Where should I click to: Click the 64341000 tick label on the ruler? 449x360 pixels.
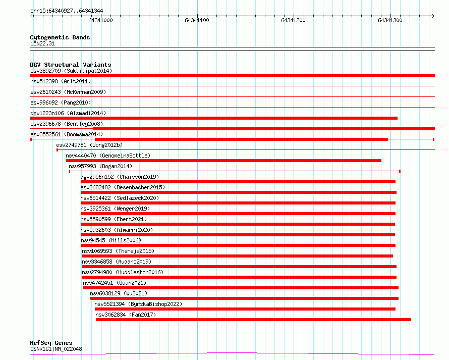click(x=100, y=21)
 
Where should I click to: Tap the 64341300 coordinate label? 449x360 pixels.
click(x=390, y=21)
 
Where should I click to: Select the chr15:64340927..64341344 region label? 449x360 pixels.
click(x=67, y=11)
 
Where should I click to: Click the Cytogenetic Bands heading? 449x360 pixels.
click(x=60, y=37)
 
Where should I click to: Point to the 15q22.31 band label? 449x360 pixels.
click(x=42, y=43)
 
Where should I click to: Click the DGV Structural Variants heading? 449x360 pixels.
click(x=71, y=65)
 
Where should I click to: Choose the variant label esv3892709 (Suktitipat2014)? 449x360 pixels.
click(x=71, y=71)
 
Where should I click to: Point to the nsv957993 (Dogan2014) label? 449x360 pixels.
click(x=100, y=166)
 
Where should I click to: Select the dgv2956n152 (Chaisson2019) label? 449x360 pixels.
click(x=120, y=177)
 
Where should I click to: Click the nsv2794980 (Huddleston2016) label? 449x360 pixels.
click(x=123, y=272)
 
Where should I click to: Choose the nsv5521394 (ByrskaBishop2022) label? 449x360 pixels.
click(x=138, y=304)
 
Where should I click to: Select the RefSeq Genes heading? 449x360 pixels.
click(x=51, y=343)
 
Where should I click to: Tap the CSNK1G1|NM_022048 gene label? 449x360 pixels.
click(x=56, y=349)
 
